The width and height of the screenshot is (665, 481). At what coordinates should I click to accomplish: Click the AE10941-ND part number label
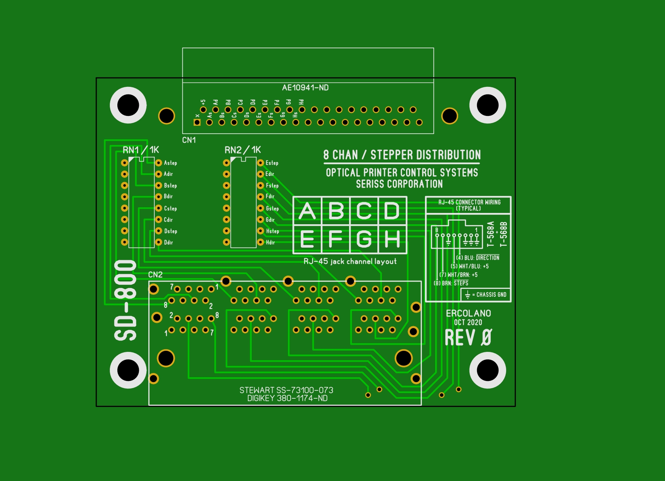pos(305,88)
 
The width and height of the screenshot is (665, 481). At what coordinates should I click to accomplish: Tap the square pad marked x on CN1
pos(197,122)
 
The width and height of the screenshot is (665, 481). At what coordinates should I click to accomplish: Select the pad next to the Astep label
pos(159,163)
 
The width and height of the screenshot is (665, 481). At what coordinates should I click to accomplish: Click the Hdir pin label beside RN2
pos(270,242)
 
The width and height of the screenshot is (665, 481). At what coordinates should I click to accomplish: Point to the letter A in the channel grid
pos(307,211)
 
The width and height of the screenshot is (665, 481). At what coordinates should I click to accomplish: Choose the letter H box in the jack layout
pos(392,239)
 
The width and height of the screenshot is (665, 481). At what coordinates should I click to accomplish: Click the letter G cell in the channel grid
pos(364,239)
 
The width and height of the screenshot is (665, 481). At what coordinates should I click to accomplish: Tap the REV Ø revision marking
pos(468,338)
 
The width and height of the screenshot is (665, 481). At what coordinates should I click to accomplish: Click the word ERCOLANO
pos(468,313)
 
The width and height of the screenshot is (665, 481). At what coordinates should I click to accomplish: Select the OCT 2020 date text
pos(468,322)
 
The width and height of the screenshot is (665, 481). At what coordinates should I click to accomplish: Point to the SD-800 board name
pos(126,300)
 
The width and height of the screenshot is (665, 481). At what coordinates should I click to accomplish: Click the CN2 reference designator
pos(155,274)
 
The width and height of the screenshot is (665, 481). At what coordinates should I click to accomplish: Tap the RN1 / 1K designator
pos(141,150)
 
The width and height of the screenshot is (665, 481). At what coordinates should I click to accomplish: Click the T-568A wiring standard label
pos(490,234)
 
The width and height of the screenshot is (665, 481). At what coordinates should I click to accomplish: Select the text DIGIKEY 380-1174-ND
pos(287,398)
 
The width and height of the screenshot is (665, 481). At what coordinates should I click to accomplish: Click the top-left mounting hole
pos(128,105)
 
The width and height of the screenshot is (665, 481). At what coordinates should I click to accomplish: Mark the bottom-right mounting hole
pos(488,370)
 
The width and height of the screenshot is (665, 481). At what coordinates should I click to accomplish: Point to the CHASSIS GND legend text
pos(491,294)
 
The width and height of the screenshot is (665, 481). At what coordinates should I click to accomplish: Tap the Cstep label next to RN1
pos(170,208)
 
